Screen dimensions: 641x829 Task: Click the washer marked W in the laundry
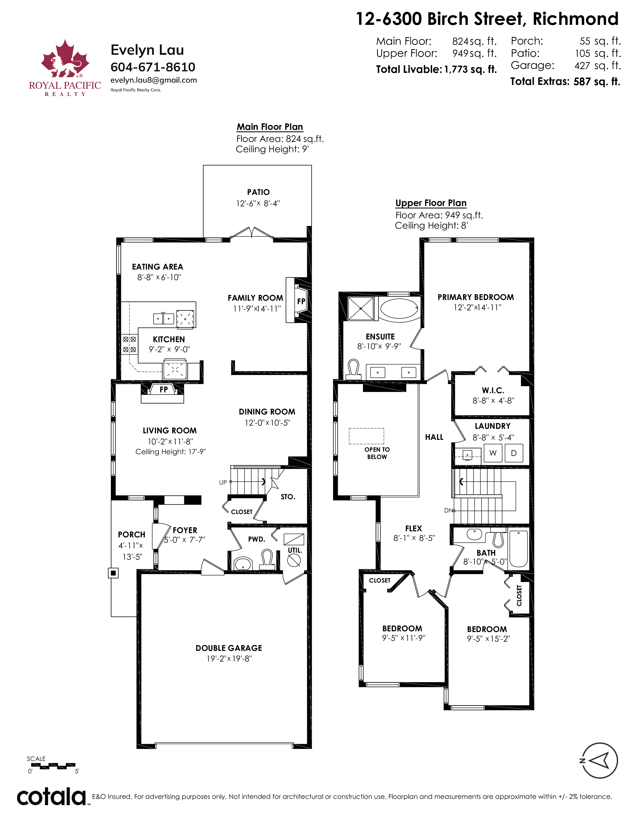click(x=493, y=453)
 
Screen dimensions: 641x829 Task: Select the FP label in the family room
click(x=301, y=301)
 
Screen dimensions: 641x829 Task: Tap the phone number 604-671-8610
click(x=153, y=67)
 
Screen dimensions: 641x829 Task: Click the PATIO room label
click(x=258, y=192)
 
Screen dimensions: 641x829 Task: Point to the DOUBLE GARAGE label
click(x=229, y=648)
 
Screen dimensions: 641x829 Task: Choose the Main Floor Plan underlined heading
click(x=270, y=127)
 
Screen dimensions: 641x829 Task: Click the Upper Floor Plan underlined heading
click(x=431, y=203)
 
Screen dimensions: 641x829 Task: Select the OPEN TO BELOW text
click(x=377, y=453)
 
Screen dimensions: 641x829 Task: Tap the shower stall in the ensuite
click(x=361, y=308)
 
